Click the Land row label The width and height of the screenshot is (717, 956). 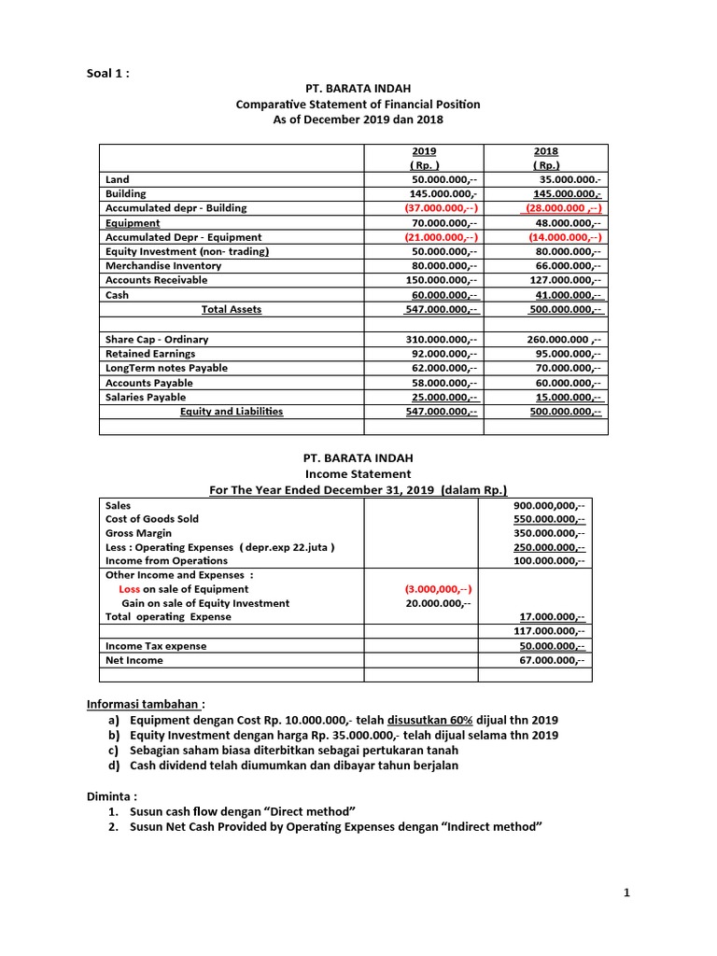[x=118, y=179]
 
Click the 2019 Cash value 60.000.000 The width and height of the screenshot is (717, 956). [x=443, y=295]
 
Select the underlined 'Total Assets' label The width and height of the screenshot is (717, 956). [x=232, y=309]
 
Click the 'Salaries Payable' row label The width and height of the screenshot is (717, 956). [x=146, y=397]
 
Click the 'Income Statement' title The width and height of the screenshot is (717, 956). [x=358, y=474]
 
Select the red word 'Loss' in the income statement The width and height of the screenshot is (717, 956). [x=130, y=589]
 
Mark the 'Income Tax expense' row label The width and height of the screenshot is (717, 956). [x=156, y=646]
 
